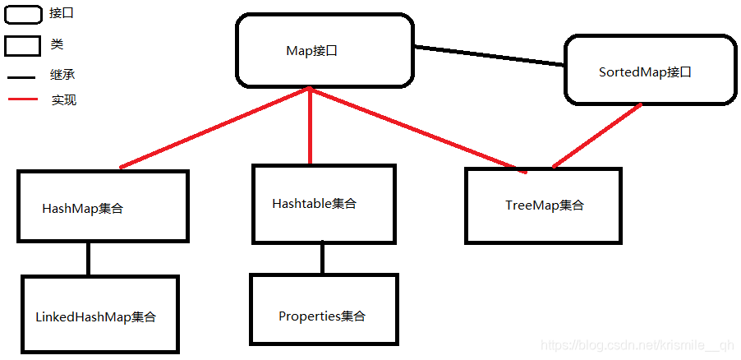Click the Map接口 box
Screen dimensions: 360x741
[x=324, y=51]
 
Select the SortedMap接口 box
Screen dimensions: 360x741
[x=650, y=71]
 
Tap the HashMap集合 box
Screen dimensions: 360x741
[x=103, y=206]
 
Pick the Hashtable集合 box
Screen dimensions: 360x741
[x=323, y=204]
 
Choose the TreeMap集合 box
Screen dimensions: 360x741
[x=544, y=205]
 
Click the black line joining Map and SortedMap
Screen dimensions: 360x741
[x=490, y=56]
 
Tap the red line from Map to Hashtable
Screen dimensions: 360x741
[x=310, y=127]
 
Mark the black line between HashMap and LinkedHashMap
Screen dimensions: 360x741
[x=88, y=259]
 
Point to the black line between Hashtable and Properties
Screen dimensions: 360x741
[x=322, y=258]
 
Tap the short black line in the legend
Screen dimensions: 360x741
[x=23, y=78]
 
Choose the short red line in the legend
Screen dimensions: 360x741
[x=23, y=101]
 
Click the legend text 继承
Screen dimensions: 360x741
[x=64, y=75]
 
